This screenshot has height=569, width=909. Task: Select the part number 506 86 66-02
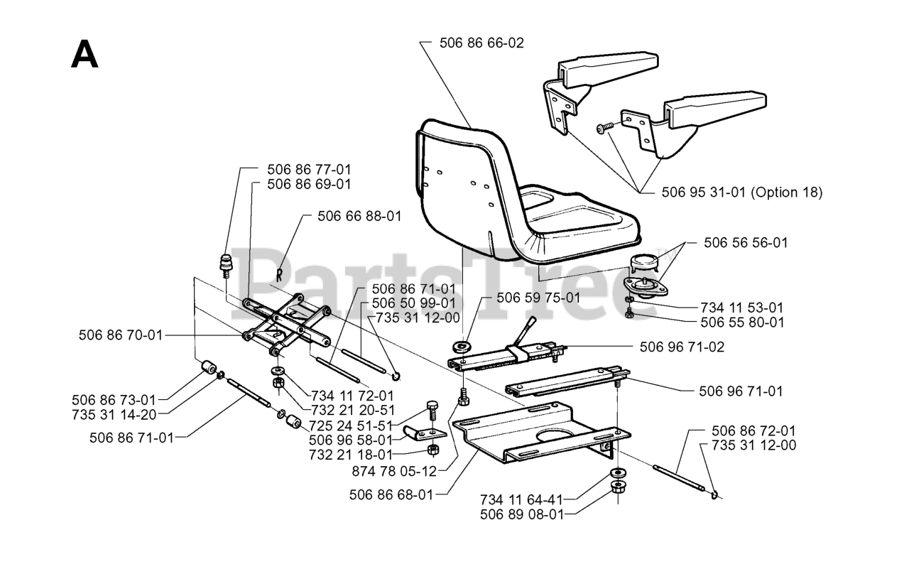481,43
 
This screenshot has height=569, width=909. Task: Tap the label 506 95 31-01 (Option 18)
741,192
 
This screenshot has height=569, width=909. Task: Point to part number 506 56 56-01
746,242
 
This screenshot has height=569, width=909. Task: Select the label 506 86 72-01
753,431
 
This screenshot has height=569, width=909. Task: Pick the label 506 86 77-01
309,170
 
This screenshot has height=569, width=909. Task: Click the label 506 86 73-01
114,399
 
